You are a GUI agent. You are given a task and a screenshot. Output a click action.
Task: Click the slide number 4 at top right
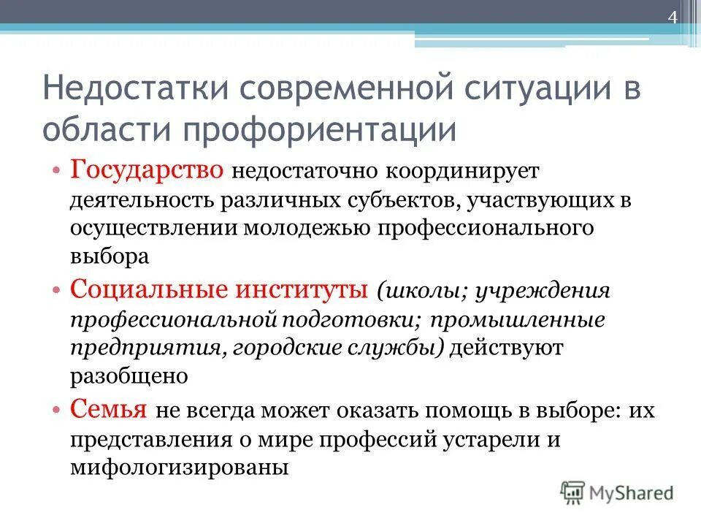click(x=672, y=20)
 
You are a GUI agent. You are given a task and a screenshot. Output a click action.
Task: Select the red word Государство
click(x=147, y=169)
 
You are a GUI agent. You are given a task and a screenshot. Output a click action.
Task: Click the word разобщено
click(x=130, y=376)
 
